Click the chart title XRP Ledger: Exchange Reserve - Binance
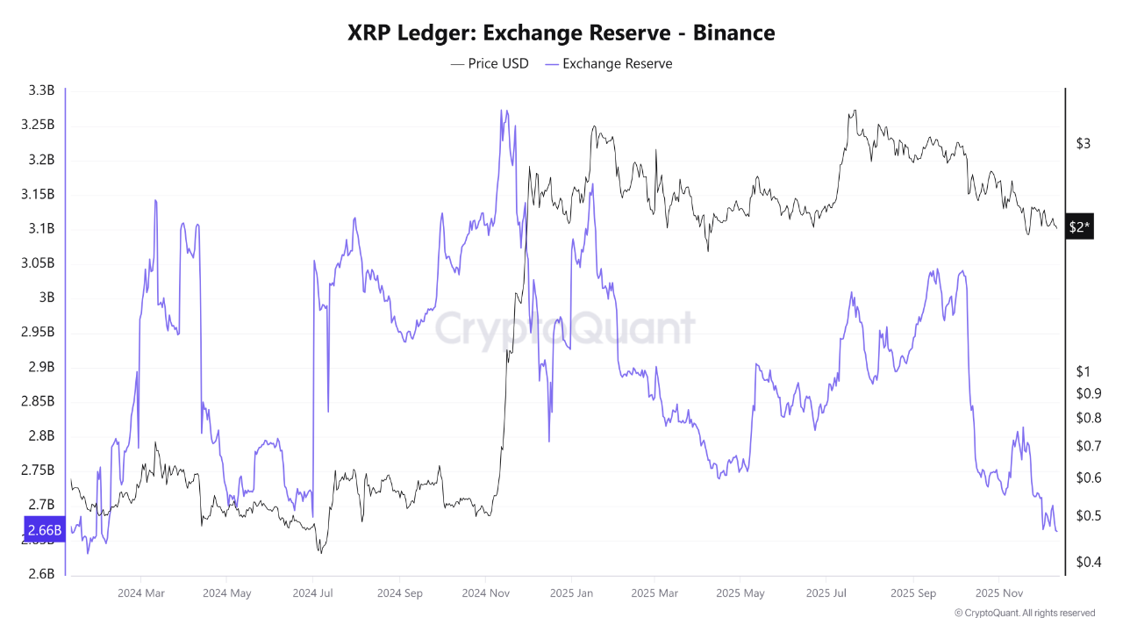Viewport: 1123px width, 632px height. point(561,32)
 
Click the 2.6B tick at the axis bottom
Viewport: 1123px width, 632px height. point(41,574)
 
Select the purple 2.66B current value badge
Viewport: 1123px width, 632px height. point(44,529)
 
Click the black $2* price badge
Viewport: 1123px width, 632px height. point(1079,227)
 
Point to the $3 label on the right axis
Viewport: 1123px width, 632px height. point(1084,143)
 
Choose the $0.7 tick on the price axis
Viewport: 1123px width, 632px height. point(1088,446)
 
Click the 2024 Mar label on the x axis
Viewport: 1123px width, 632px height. point(141,593)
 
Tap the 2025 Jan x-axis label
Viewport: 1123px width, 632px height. point(570,593)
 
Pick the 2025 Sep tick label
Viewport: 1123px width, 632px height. point(912,593)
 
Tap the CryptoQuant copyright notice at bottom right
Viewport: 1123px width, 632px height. point(1024,613)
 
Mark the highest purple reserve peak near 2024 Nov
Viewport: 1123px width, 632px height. point(501,111)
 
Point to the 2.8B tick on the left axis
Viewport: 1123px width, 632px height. point(41,435)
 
